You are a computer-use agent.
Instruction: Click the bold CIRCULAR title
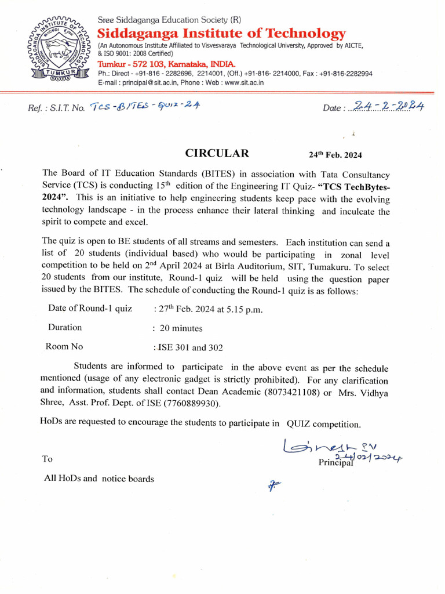217,154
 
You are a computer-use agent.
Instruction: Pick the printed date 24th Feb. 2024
335,155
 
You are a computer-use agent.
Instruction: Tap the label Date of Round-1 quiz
90,308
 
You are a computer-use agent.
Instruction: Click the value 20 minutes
181,328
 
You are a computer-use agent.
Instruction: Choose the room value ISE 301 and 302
189,347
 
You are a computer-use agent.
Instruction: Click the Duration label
65,327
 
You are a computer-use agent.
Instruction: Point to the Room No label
64,347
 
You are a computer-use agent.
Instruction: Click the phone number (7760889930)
193,404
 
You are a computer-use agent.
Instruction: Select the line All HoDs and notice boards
99,479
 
